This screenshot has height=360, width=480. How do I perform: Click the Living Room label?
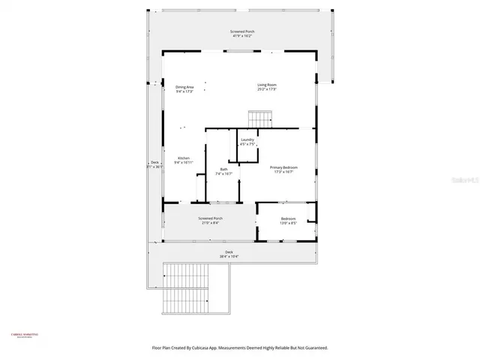(268, 85)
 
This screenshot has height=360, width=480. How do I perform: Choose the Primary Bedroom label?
(284, 168)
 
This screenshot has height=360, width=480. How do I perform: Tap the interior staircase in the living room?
(260, 118)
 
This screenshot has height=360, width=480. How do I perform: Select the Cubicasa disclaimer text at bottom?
(240, 348)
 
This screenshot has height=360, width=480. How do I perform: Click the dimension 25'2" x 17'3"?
(268, 89)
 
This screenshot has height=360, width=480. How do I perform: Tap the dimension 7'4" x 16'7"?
(223, 174)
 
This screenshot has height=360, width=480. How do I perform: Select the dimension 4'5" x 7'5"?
(247, 145)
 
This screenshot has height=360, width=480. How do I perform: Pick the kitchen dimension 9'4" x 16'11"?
(184, 163)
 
